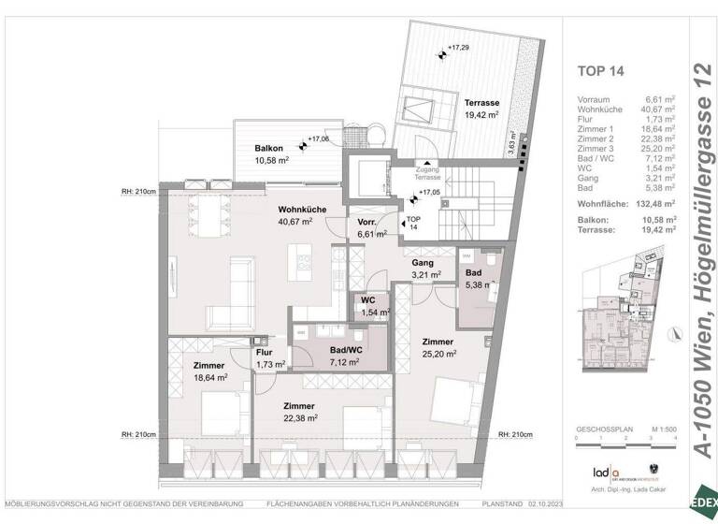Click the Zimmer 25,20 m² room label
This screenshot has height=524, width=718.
click(437, 348)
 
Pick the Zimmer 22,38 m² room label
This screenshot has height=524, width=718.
click(300, 413)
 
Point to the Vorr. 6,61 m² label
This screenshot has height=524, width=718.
click(367, 228)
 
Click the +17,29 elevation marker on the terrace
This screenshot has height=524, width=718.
click(457, 47)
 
